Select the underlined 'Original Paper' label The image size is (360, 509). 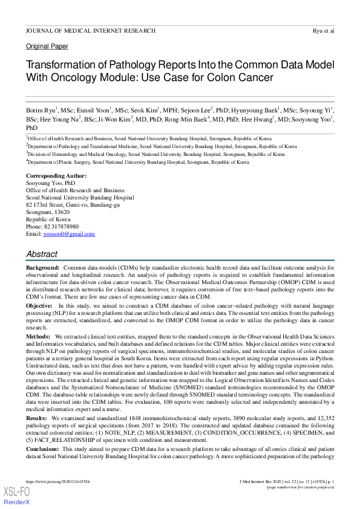pos(47,47)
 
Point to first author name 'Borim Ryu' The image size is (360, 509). pos(41,111)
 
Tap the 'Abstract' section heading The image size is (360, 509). pos(42,254)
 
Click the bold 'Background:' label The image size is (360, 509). pos(42,267)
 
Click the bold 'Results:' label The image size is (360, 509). pos(37,418)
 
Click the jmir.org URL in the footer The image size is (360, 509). pos(58,482)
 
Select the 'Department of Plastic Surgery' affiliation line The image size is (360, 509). pos(137,162)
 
